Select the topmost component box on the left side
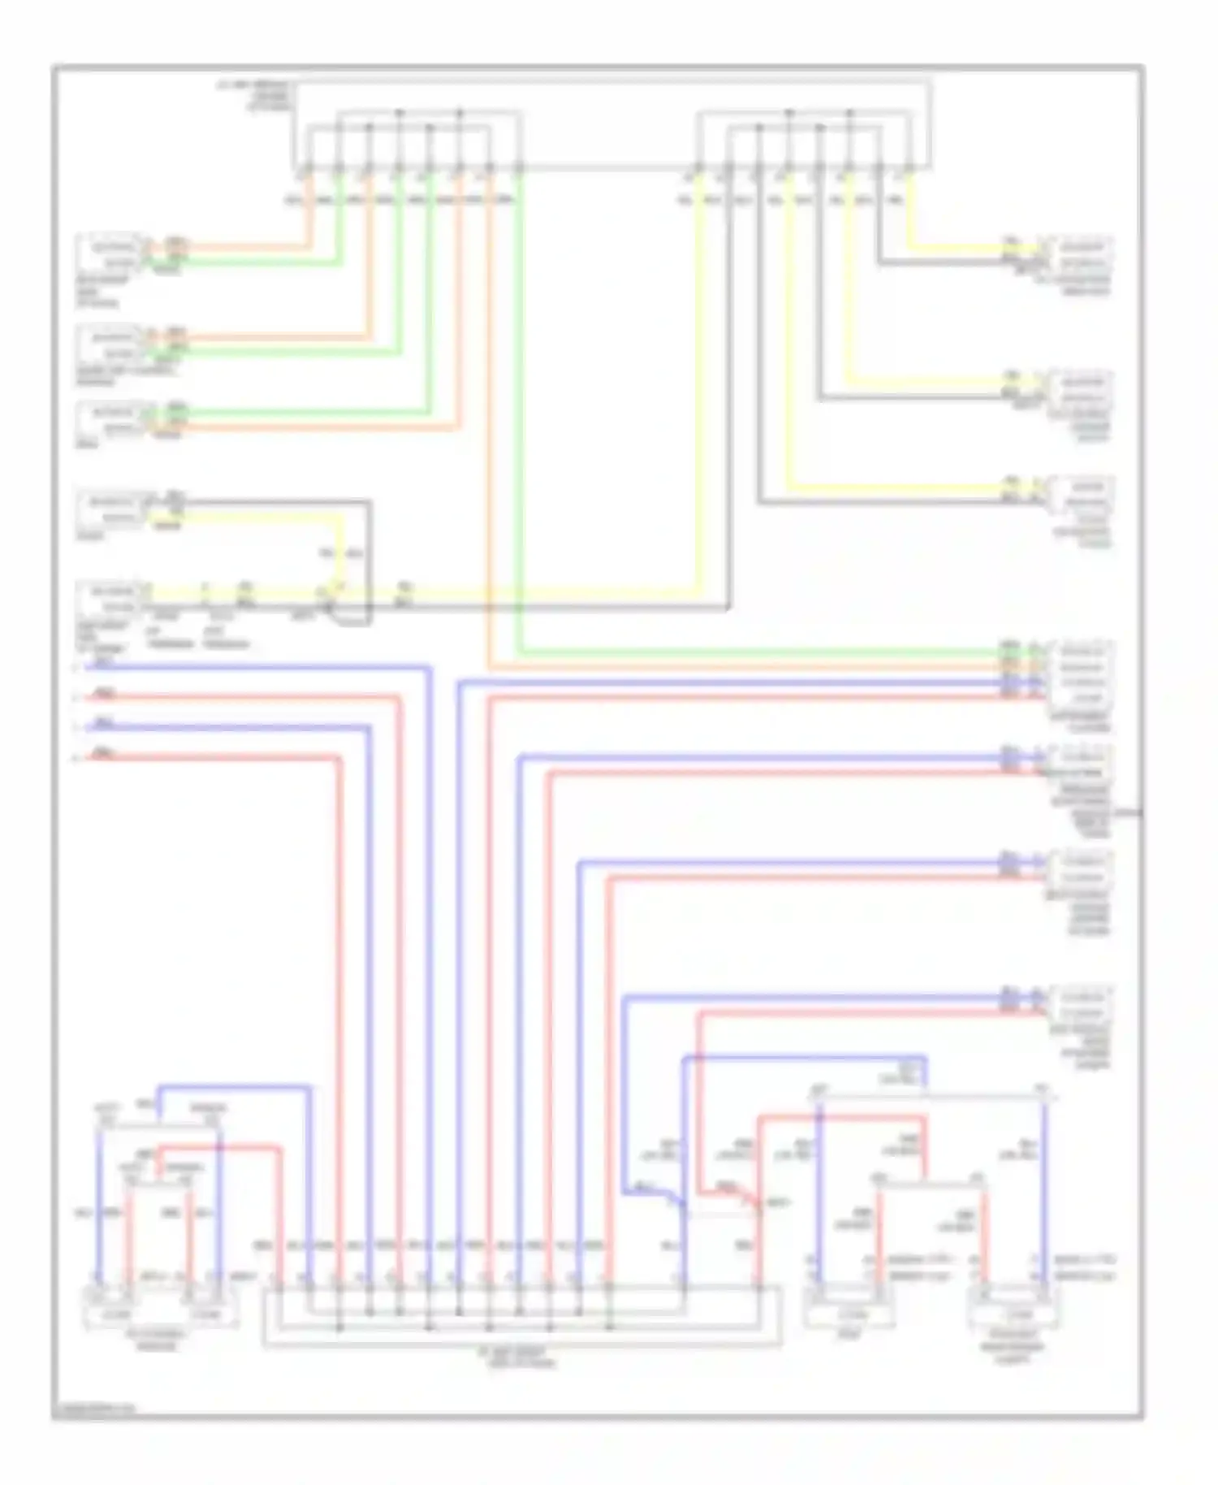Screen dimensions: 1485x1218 click(110, 255)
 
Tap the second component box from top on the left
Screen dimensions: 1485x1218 click(110, 345)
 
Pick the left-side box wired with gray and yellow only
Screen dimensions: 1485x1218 click(110, 509)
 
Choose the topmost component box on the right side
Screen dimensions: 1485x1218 click(1080, 255)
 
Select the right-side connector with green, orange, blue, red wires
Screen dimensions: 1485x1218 click(1080, 674)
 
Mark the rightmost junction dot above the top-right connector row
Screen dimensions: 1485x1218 click(850, 112)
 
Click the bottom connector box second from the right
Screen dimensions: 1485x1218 click(849, 1314)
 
